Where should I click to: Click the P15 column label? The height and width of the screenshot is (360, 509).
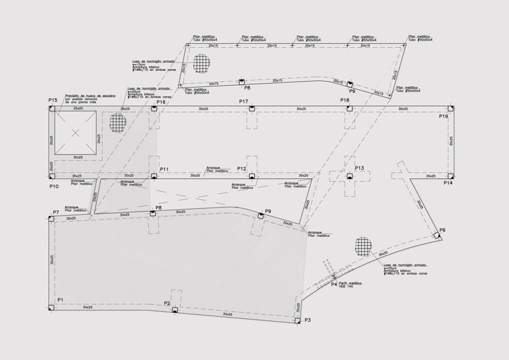pyautogui.click(x=53, y=101)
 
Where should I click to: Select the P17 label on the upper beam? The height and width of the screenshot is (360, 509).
pyautogui.click(x=244, y=101)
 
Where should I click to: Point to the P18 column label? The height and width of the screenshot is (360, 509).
pyautogui.click(x=345, y=100)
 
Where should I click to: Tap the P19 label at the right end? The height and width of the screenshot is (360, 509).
pyautogui.click(x=443, y=117)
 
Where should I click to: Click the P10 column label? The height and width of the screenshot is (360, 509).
pyautogui.click(x=54, y=186)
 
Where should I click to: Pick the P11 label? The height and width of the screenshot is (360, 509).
pyautogui.click(x=164, y=170)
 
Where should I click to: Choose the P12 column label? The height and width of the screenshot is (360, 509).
pyautogui.click(x=241, y=168)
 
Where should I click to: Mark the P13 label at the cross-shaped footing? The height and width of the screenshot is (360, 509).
pyautogui.click(x=359, y=168)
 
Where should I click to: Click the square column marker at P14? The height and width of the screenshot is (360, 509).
pyautogui.click(x=449, y=176)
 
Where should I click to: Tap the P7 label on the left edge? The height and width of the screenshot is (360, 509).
pyautogui.click(x=56, y=212)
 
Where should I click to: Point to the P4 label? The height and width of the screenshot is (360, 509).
pyautogui.click(x=335, y=284)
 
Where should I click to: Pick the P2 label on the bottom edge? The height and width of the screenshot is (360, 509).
pyautogui.click(x=167, y=303)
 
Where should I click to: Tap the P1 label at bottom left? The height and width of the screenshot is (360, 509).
pyautogui.click(x=60, y=300)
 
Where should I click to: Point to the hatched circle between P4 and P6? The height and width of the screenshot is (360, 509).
pyautogui.click(x=363, y=246)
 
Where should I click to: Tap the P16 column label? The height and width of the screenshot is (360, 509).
pyautogui.click(x=161, y=102)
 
